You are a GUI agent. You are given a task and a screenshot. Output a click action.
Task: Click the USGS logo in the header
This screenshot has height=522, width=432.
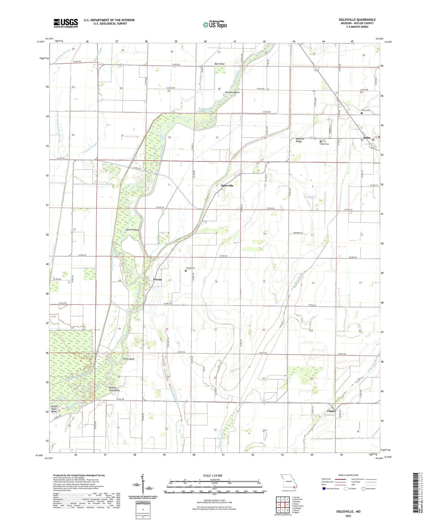tap(66, 23)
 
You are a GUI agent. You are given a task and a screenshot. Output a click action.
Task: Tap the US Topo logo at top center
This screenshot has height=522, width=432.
tap(215, 25)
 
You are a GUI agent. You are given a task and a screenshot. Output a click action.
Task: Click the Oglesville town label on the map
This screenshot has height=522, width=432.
tap(227, 186)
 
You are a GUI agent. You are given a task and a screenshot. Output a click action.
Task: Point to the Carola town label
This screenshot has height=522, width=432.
tap(158, 280)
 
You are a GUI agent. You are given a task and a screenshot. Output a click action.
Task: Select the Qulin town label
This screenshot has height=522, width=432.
tap(367, 138)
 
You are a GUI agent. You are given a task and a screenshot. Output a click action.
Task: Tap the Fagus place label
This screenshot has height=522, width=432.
tap(331, 411)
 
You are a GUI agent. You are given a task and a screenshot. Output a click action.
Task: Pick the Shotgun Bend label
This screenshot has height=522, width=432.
tap(232, 92)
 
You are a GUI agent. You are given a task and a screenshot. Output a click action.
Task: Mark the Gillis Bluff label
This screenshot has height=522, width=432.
tap(129, 359)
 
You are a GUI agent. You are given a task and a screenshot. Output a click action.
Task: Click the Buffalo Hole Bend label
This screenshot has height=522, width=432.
tap(114, 389)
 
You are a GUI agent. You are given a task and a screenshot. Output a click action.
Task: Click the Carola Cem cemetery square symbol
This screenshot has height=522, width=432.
tap(186, 271)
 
